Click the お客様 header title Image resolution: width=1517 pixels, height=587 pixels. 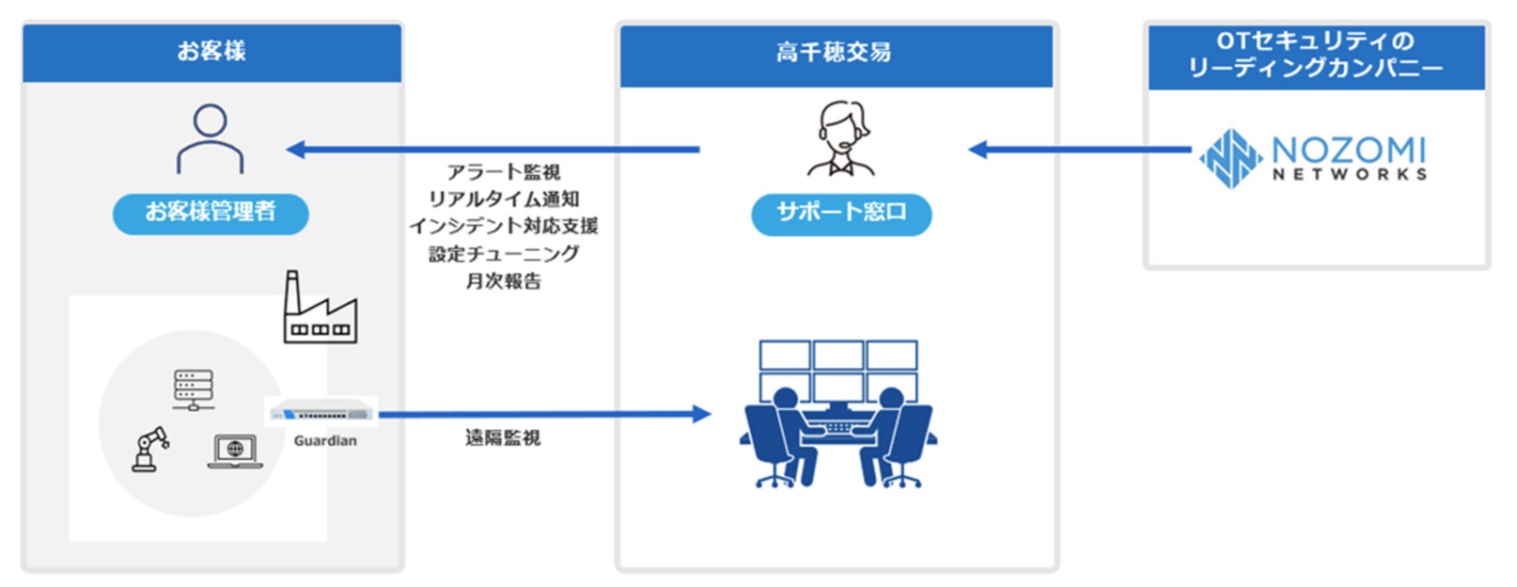(211, 51)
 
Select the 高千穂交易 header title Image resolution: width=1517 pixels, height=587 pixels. (834, 53)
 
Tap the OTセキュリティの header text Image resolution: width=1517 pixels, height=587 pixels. (1314, 40)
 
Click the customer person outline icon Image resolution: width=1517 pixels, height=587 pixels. (210, 139)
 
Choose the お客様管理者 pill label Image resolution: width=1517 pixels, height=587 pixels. (211, 213)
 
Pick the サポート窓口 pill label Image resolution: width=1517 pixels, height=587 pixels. (841, 214)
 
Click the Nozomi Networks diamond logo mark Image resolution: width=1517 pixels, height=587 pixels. (1229, 157)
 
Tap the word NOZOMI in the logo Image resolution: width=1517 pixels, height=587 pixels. (1349, 149)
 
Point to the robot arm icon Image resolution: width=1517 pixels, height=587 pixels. (149, 449)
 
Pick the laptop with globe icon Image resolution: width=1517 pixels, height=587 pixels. (235, 451)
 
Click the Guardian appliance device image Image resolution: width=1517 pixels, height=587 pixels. (321, 413)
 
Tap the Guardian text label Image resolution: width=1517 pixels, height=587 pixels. (325, 440)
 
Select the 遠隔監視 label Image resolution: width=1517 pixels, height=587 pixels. (503, 437)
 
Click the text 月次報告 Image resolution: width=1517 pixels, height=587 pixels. (503, 280)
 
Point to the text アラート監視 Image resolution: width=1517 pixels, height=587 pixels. (503, 172)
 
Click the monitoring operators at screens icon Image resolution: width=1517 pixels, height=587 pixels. (837, 414)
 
